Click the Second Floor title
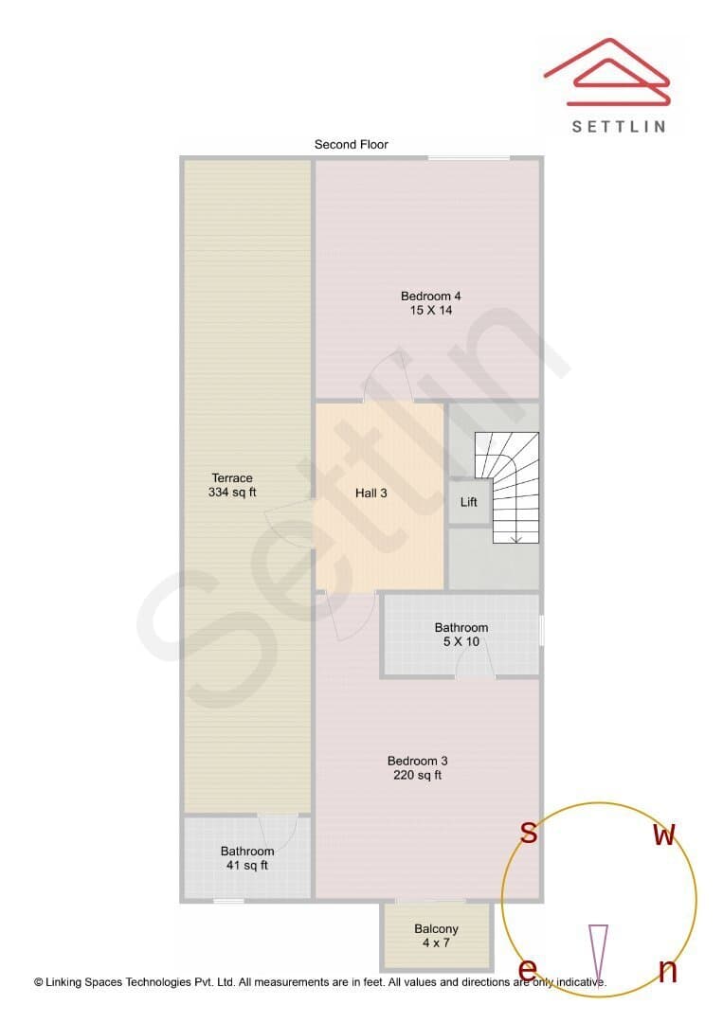point(351,144)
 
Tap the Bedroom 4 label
point(430,296)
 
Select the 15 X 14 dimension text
point(430,310)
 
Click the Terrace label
point(231,477)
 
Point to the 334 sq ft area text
point(231,492)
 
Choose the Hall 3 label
point(371,494)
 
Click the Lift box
point(468,502)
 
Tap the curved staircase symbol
point(507,488)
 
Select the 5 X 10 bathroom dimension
point(461,641)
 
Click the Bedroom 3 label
point(417,761)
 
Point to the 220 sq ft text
point(417,775)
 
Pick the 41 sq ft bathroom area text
point(246,865)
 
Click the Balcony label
point(436,928)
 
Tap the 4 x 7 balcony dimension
point(436,942)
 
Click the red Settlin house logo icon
point(607,72)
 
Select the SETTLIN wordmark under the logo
point(619,127)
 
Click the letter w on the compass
point(664,835)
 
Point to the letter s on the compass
point(529,833)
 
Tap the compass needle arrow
point(598,954)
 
